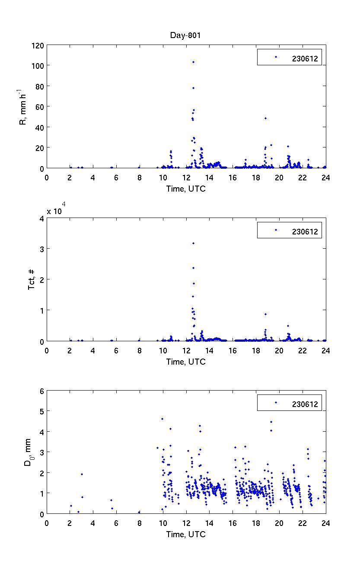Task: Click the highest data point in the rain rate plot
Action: (x=193, y=62)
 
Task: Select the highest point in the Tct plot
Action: (x=193, y=243)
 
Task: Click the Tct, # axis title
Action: (x=32, y=279)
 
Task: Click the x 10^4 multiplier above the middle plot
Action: (x=55, y=211)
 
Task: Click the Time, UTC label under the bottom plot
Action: (x=186, y=534)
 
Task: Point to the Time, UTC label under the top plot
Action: (x=186, y=189)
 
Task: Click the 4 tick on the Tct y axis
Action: (x=41, y=218)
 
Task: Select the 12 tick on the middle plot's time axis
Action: (x=186, y=349)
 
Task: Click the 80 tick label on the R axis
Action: (x=39, y=86)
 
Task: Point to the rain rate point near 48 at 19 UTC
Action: (x=265, y=118)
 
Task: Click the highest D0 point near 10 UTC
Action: (x=162, y=419)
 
